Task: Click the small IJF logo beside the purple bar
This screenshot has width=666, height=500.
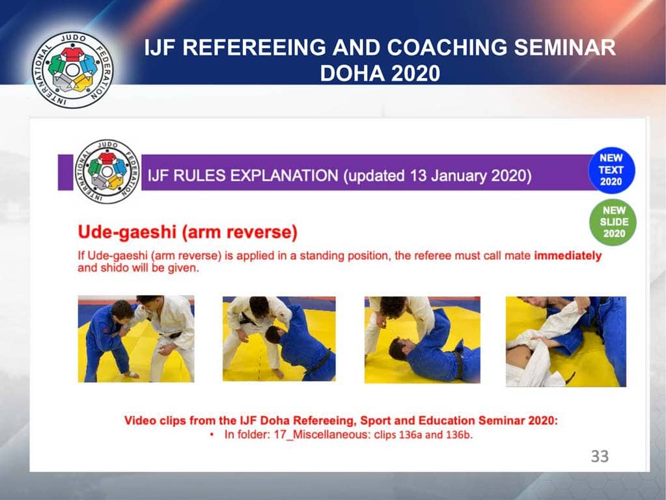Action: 107,172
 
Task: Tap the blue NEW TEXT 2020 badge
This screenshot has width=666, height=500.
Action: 611,170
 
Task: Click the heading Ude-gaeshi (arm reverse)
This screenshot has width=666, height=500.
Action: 187,231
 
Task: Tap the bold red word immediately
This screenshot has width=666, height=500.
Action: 568,256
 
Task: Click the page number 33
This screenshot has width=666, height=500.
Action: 599,456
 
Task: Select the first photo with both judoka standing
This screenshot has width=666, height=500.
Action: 135,339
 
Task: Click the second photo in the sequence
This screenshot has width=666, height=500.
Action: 279,339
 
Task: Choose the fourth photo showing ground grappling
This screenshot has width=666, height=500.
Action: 566,341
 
